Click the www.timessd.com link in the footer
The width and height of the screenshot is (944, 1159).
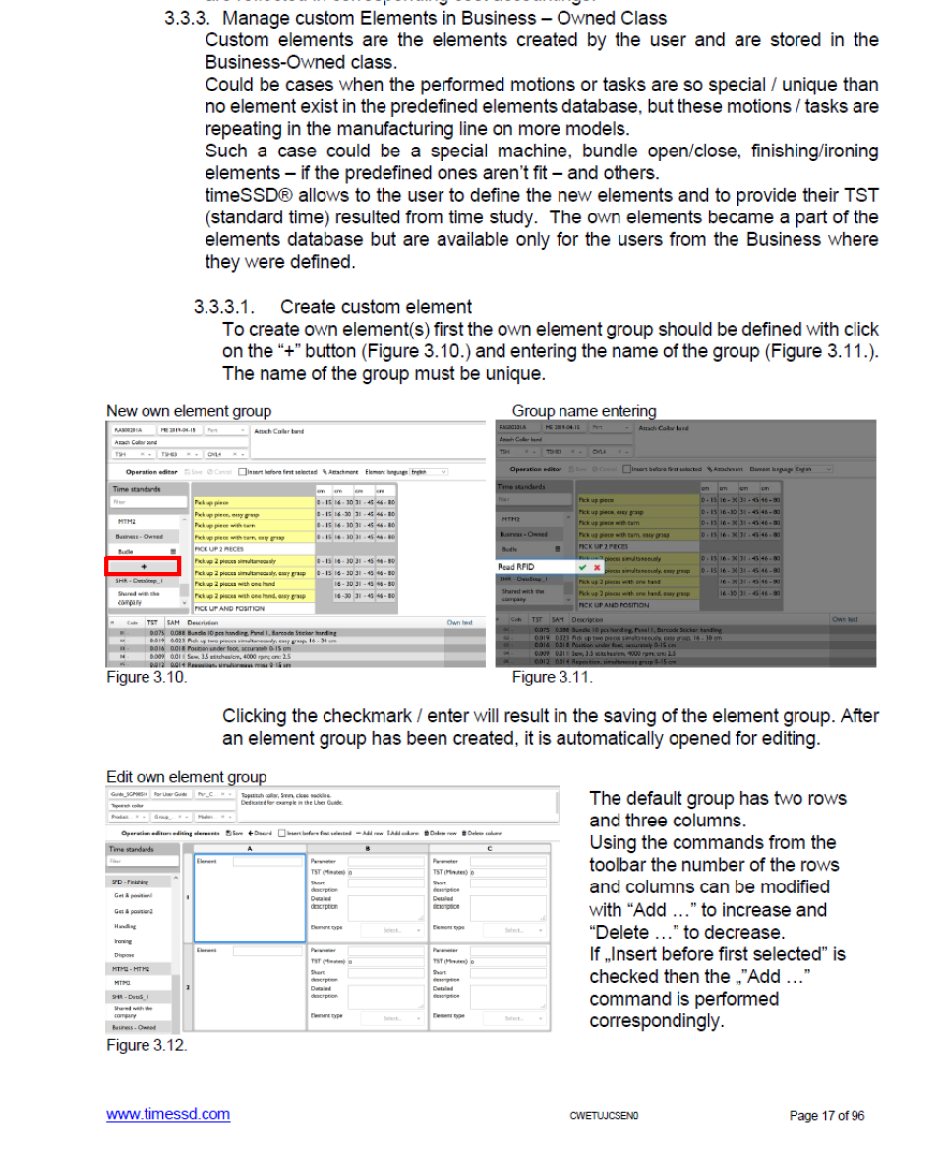(x=167, y=1114)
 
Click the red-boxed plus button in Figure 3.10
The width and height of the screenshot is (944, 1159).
(x=144, y=566)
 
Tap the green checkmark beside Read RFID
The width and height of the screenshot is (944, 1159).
(x=583, y=567)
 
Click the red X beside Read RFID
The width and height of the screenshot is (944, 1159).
(x=596, y=567)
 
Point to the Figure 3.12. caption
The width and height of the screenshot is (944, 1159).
(x=146, y=1045)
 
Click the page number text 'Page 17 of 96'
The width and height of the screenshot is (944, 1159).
(x=826, y=1115)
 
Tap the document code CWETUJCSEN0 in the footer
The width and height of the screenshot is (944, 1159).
(x=604, y=1115)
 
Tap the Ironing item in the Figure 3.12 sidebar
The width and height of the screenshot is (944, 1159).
(x=123, y=941)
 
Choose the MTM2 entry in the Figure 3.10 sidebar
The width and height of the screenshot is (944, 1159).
(x=125, y=522)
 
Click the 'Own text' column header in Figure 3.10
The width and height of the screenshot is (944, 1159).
(x=459, y=622)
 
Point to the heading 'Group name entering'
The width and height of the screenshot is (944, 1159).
(x=583, y=411)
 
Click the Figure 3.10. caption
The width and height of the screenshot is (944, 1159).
(x=146, y=677)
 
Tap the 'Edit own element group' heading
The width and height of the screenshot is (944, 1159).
(x=186, y=777)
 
